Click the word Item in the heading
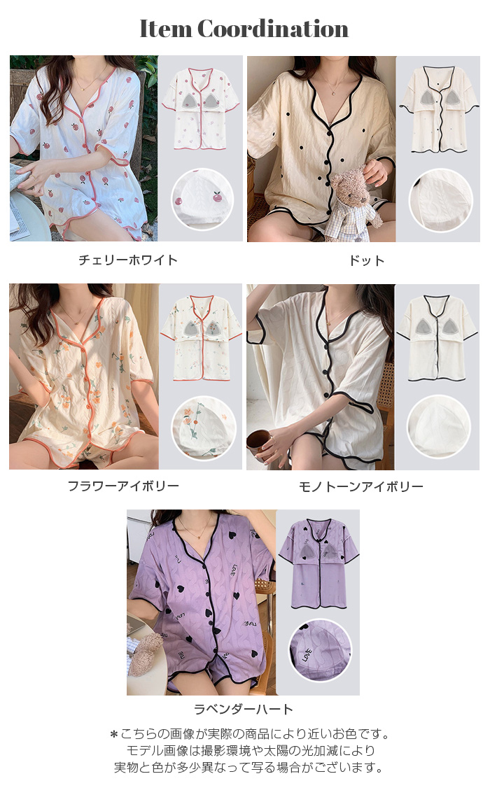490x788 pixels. coord(165,29)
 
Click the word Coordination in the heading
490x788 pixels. coord(273,29)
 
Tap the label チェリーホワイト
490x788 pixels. coord(128,260)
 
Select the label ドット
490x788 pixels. coord(367,260)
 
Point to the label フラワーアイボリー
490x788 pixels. coord(124,486)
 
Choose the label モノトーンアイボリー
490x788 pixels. coord(360,486)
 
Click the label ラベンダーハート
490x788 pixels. coord(243,709)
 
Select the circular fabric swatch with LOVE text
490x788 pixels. coord(320,650)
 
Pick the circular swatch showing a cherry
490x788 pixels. coord(202,199)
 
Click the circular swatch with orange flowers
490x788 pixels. coord(204,427)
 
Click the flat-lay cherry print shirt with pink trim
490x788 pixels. coord(201,109)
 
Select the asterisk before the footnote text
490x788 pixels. coord(114,735)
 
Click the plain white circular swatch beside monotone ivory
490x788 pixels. coord(438,427)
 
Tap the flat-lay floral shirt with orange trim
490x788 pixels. coord(201,338)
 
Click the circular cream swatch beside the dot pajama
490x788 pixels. coord(441,200)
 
